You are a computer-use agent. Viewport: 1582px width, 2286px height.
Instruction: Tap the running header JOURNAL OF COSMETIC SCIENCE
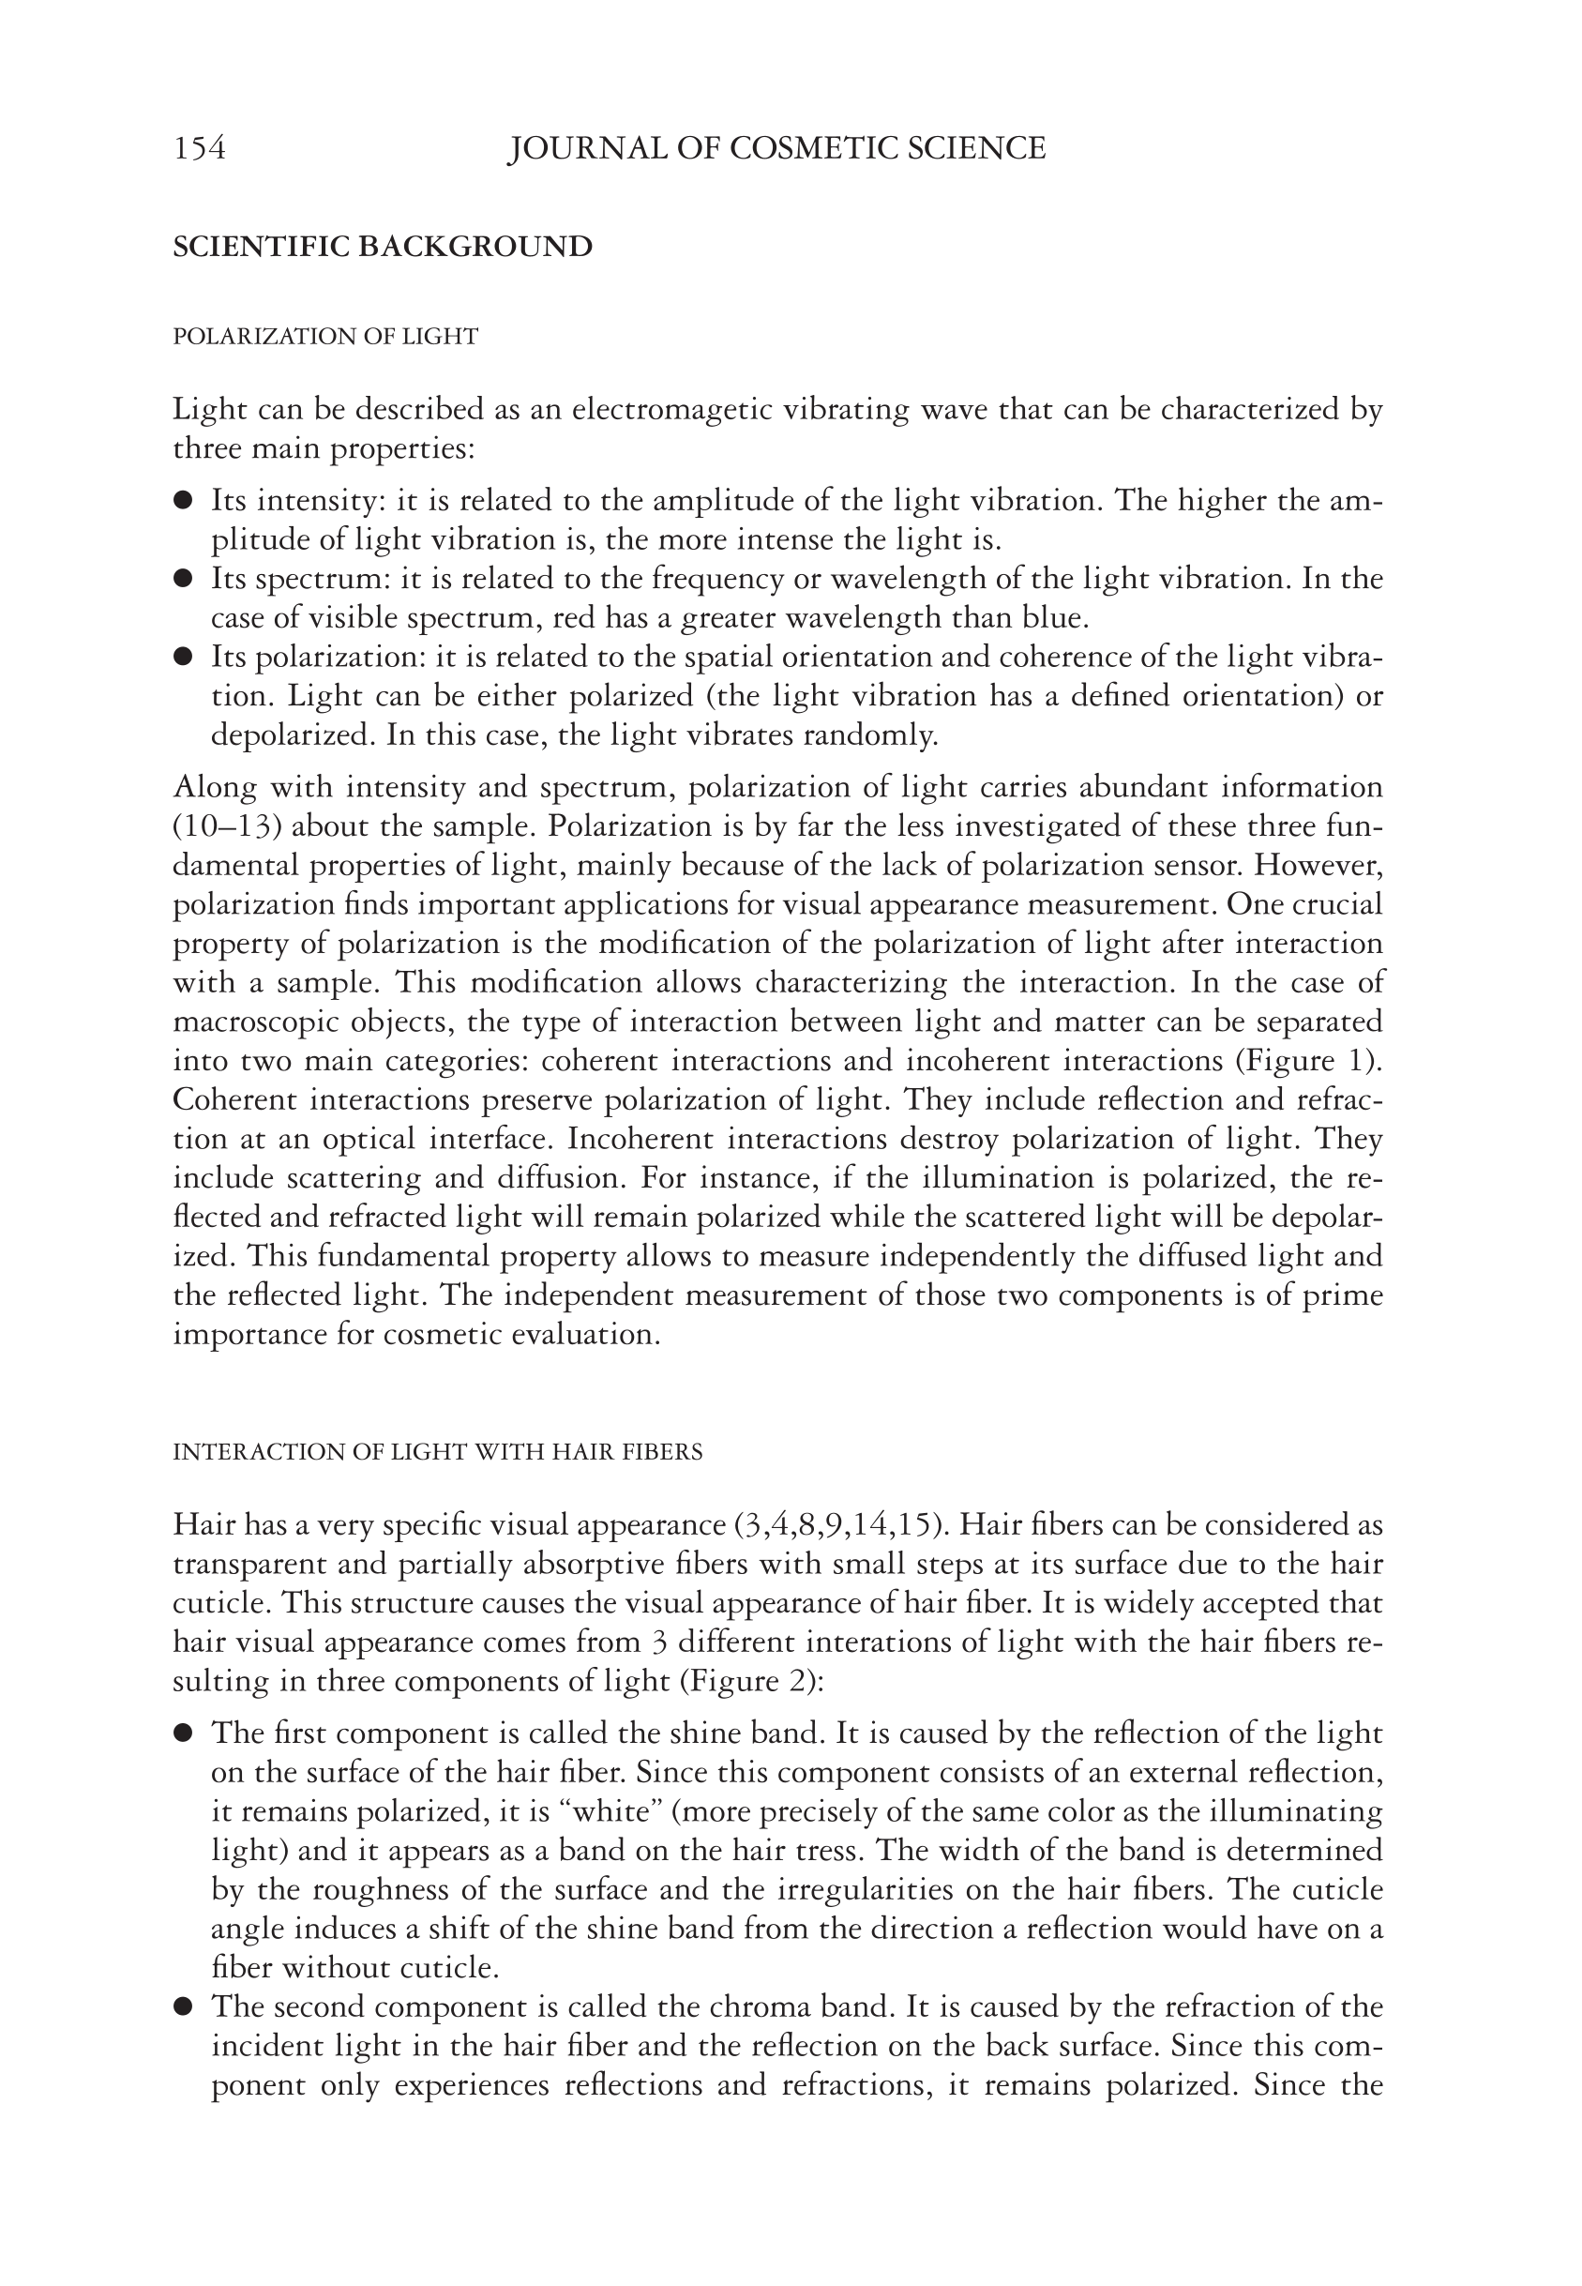pyautogui.click(x=776, y=149)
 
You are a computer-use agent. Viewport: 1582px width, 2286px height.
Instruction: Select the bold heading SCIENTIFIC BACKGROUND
pyautogui.click(x=383, y=247)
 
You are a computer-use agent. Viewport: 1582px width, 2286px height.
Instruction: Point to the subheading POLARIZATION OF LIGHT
pyautogui.click(x=325, y=337)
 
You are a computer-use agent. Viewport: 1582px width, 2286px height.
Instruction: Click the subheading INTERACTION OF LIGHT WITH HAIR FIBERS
pyautogui.click(x=437, y=1452)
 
